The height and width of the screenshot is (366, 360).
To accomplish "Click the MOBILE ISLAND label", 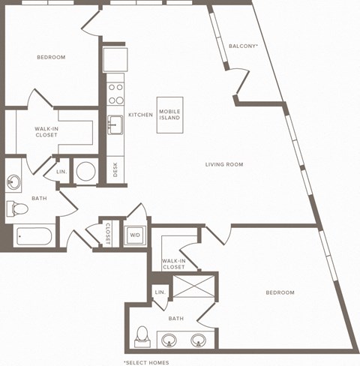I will click(169, 115).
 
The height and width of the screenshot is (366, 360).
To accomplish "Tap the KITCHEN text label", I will click(140, 115).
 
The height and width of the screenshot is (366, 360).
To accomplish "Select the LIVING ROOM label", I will click(224, 164).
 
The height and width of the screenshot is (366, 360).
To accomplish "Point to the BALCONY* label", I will click(243, 46).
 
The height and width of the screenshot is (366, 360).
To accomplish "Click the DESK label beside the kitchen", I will click(115, 170).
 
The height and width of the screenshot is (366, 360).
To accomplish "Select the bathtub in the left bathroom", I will click(33, 236).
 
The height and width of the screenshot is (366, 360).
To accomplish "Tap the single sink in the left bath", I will click(14, 182).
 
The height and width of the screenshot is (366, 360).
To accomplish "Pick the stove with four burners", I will click(115, 93).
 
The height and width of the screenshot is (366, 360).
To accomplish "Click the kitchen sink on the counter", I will click(115, 124).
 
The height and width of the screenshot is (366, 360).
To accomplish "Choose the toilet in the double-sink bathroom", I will click(142, 337).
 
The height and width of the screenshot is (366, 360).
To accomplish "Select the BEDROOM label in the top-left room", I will click(51, 58).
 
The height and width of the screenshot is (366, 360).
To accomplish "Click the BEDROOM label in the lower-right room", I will click(280, 292).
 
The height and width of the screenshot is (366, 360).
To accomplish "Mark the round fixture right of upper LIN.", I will click(86, 171).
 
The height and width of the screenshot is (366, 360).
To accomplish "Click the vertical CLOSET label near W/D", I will click(107, 232).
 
